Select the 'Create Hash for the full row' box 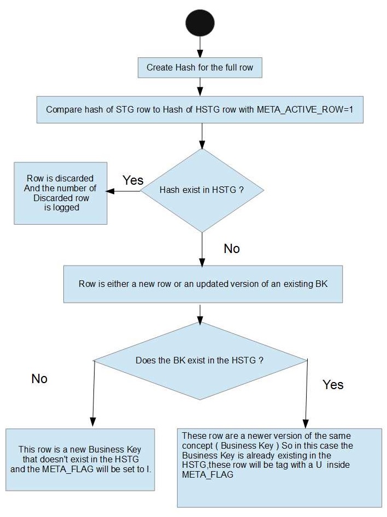point(200,68)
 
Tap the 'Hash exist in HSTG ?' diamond point(202,190)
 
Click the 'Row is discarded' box point(60,193)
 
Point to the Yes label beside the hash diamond point(133,180)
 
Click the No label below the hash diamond point(232,249)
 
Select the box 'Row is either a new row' point(203,284)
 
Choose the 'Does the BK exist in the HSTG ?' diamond point(200,361)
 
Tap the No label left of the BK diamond point(39,379)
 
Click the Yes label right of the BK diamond point(333,384)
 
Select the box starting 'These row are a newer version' point(279,467)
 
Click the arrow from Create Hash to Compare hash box point(201,86)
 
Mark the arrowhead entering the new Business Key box point(92,421)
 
